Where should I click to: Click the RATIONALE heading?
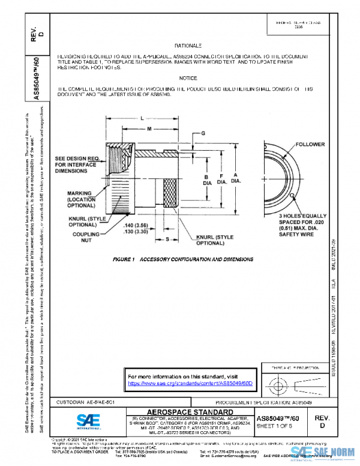[x=187, y=46]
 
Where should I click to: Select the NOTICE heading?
[x=187, y=78]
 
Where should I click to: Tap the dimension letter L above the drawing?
[x=142, y=118]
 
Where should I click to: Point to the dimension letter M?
[x=149, y=129]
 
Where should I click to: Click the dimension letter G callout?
[x=203, y=132]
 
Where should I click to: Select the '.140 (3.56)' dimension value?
[x=136, y=225]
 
